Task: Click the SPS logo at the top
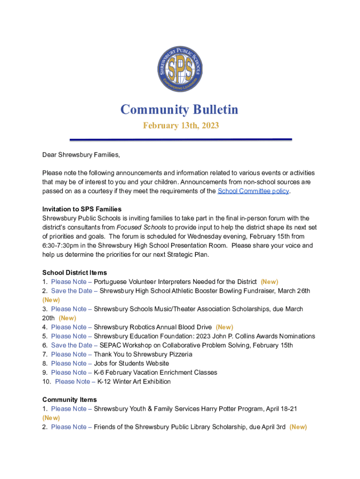click(180, 69)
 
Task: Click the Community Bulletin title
click(180, 109)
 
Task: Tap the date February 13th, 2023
click(180, 125)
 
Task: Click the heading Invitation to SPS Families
click(82, 209)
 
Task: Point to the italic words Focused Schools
click(141, 227)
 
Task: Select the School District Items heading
click(74, 273)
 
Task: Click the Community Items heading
click(70, 399)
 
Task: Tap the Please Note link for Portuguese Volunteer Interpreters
click(69, 282)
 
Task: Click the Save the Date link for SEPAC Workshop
click(72, 345)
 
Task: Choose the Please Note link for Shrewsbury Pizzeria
click(69, 354)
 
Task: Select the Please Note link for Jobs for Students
click(69, 363)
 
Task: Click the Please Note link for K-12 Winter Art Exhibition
click(72, 382)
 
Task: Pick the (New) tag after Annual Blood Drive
click(224, 327)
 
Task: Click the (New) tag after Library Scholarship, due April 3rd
click(298, 427)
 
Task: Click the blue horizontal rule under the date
click(180, 139)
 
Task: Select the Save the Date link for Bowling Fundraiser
click(72, 291)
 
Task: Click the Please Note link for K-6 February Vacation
click(69, 372)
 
